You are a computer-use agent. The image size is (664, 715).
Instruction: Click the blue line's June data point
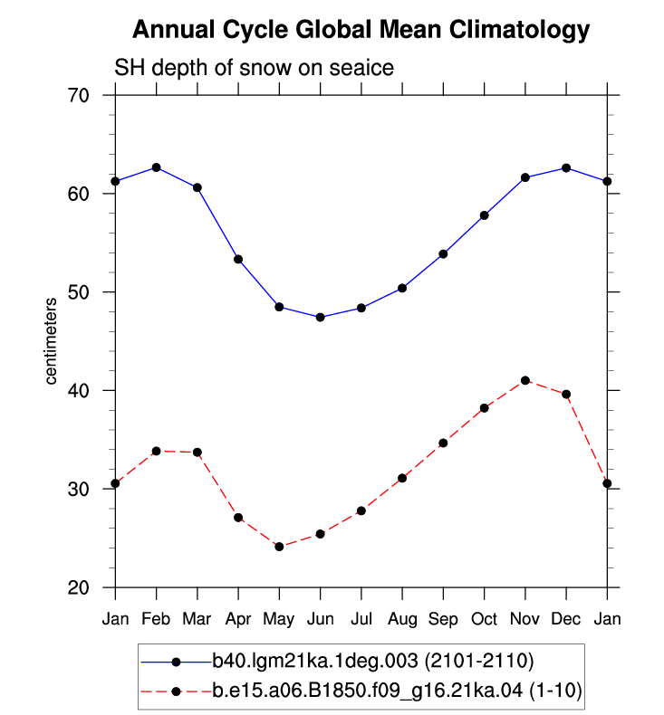[x=321, y=317]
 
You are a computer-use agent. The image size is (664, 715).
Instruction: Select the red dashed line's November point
[x=525, y=380]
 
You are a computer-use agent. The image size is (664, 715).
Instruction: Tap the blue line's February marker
[x=156, y=167]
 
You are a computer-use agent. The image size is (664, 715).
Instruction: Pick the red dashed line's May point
[x=279, y=547]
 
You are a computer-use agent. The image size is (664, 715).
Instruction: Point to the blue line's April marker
[x=238, y=259]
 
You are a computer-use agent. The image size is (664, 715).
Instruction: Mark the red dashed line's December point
[x=566, y=394]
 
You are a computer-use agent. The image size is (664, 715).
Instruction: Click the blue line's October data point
[x=485, y=215]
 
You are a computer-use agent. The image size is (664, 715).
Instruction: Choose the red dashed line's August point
[x=402, y=478]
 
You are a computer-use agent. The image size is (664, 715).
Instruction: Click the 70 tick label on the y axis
[x=79, y=95]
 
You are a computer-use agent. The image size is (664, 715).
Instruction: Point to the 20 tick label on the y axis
[x=79, y=587]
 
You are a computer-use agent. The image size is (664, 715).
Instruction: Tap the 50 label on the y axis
[x=79, y=291]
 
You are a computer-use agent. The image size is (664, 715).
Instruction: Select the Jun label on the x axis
[x=321, y=619]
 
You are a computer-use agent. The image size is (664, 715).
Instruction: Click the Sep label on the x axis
[x=443, y=619]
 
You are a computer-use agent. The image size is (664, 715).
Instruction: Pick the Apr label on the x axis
[x=238, y=619]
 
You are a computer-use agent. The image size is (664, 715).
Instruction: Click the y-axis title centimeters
[x=51, y=341]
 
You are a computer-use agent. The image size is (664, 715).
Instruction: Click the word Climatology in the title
[x=519, y=30]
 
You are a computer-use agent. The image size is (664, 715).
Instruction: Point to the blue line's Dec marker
[x=566, y=167]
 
